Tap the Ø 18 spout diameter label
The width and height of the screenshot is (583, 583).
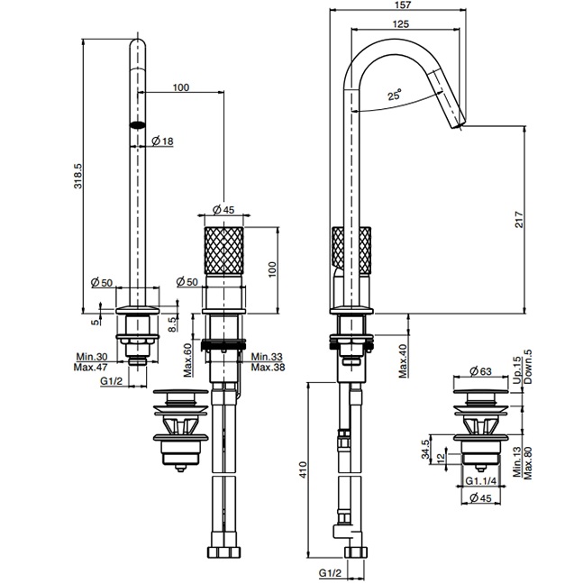tap(162, 141)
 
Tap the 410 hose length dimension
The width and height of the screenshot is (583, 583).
tap(303, 469)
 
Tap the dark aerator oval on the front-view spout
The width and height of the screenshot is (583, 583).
tap(138, 125)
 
